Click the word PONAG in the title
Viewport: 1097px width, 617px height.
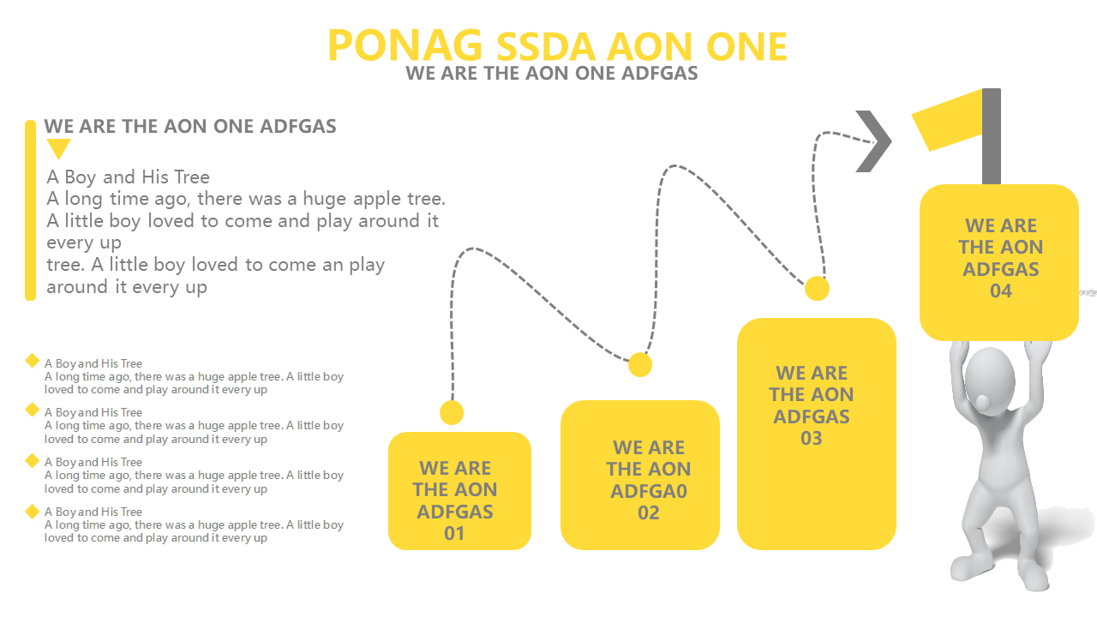point(405,45)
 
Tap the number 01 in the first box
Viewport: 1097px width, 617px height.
point(454,533)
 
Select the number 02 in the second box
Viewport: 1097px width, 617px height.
point(649,512)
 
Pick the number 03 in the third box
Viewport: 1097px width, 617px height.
point(811,438)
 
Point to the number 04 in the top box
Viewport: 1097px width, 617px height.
point(1000,291)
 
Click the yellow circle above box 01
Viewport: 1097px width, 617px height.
point(452,413)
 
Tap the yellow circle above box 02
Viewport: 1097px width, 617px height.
point(640,364)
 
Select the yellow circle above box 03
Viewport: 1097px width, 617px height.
point(817,288)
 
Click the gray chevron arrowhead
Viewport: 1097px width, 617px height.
point(874,141)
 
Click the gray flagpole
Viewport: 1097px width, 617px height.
point(992,136)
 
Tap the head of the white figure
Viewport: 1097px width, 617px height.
point(989,382)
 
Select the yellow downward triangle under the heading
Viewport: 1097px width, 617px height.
point(58,148)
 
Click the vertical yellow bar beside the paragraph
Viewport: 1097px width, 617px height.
point(30,210)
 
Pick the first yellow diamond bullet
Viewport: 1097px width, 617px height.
point(33,361)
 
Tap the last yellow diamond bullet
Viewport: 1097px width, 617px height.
point(33,512)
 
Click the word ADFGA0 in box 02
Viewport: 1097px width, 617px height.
point(649,491)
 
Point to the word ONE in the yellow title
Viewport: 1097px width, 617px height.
point(746,46)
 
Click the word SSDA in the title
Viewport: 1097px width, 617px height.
point(546,46)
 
